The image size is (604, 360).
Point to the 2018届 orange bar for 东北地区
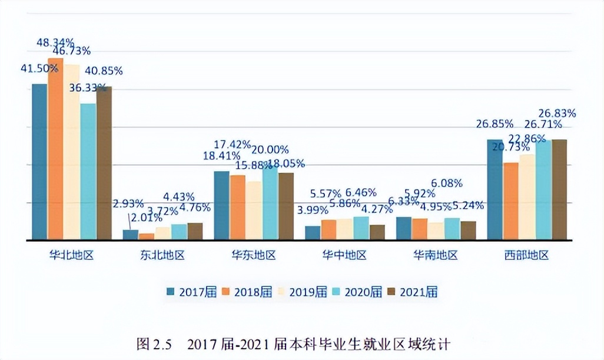click(x=147, y=236)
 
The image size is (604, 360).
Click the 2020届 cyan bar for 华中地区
click(x=361, y=228)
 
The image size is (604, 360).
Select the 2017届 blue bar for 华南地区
click(x=403, y=228)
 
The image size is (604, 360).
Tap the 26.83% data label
click(x=557, y=113)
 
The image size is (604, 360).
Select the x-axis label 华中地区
click(x=344, y=256)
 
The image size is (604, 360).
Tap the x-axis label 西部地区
click(x=526, y=256)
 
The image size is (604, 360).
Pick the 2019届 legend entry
click(x=304, y=292)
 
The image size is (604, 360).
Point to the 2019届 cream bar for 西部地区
click(x=526, y=196)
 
